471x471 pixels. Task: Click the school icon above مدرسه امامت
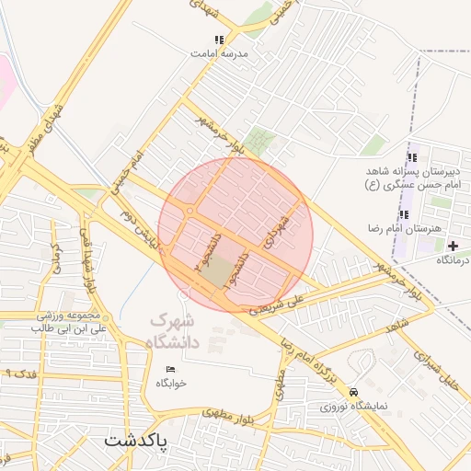219,40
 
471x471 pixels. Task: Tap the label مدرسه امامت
219,53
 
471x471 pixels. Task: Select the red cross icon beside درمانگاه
452,246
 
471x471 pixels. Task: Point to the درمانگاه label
451,260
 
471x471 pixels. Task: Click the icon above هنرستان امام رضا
404,214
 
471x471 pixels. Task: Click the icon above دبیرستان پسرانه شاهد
411,157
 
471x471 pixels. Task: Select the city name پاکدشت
136,441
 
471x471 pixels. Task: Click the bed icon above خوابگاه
170,369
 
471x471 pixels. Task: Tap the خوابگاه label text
171,383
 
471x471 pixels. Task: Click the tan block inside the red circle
219,272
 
